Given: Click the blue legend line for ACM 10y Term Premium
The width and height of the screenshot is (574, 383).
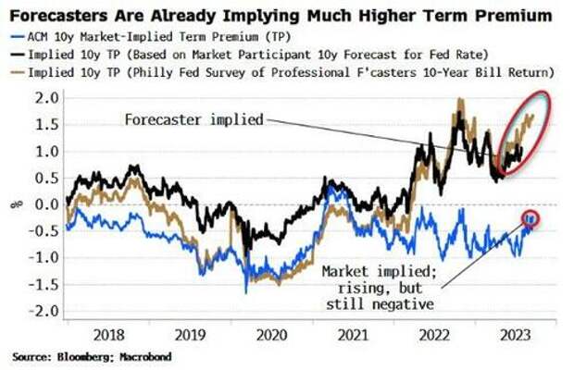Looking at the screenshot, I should coord(16,38).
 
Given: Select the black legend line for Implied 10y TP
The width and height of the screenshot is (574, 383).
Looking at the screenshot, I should coord(16,56).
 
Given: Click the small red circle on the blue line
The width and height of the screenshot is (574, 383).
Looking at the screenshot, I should coord(530,218).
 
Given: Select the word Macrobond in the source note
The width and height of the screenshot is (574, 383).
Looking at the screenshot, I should coord(149,357).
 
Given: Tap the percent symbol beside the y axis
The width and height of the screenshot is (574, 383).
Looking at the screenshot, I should coord(12,205).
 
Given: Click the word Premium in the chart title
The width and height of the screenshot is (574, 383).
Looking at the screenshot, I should coord(512,16).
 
